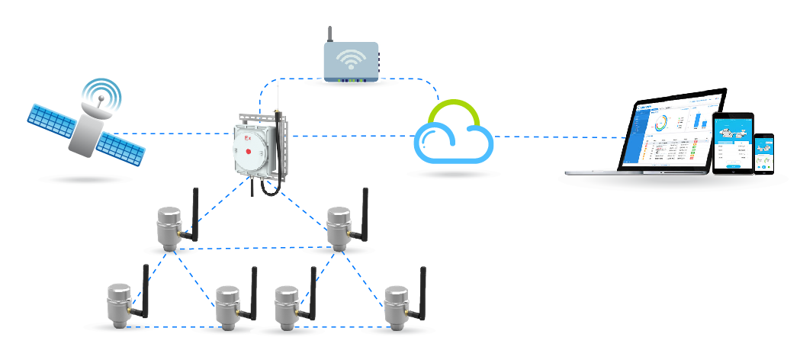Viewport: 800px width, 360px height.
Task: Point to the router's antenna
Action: pyautogui.click(x=329, y=34)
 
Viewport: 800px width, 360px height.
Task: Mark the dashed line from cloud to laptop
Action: pyautogui.click(x=557, y=137)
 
